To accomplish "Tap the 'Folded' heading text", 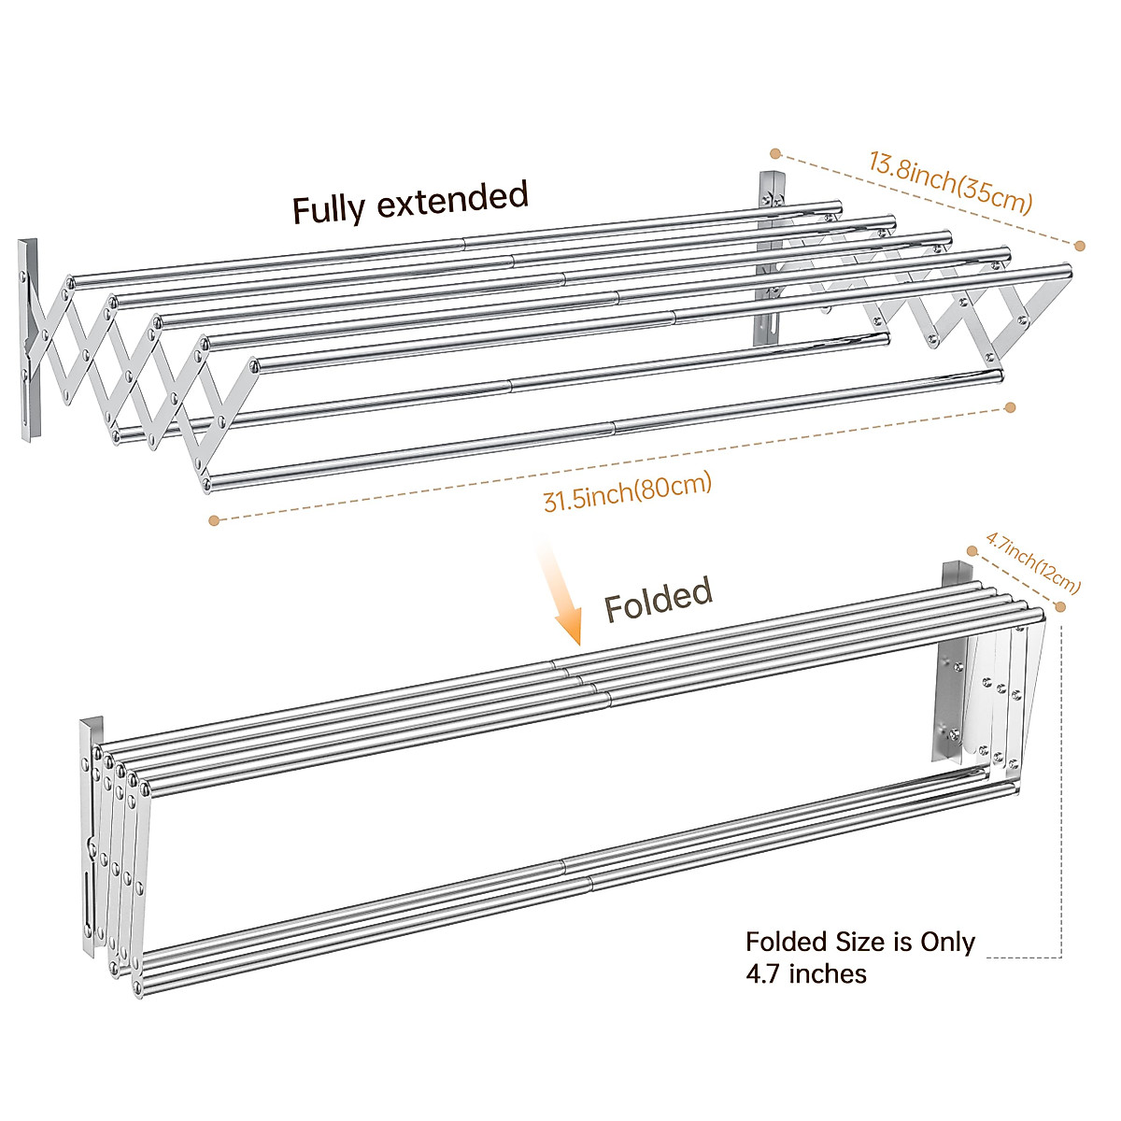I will (x=658, y=598).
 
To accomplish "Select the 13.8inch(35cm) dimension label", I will (x=950, y=184).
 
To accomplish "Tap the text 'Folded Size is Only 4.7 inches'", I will (x=859, y=958).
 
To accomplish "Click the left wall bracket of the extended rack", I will (x=29, y=341).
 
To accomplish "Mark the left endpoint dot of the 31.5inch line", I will (x=214, y=520).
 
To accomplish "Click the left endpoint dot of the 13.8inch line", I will (x=774, y=152).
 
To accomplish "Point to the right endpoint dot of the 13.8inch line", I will (x=1080, y=246).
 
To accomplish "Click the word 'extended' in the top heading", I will (x=453, y=199).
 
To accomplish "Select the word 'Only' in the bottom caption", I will (x=947, y=942).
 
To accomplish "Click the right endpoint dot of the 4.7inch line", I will (x=1060, y=607).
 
